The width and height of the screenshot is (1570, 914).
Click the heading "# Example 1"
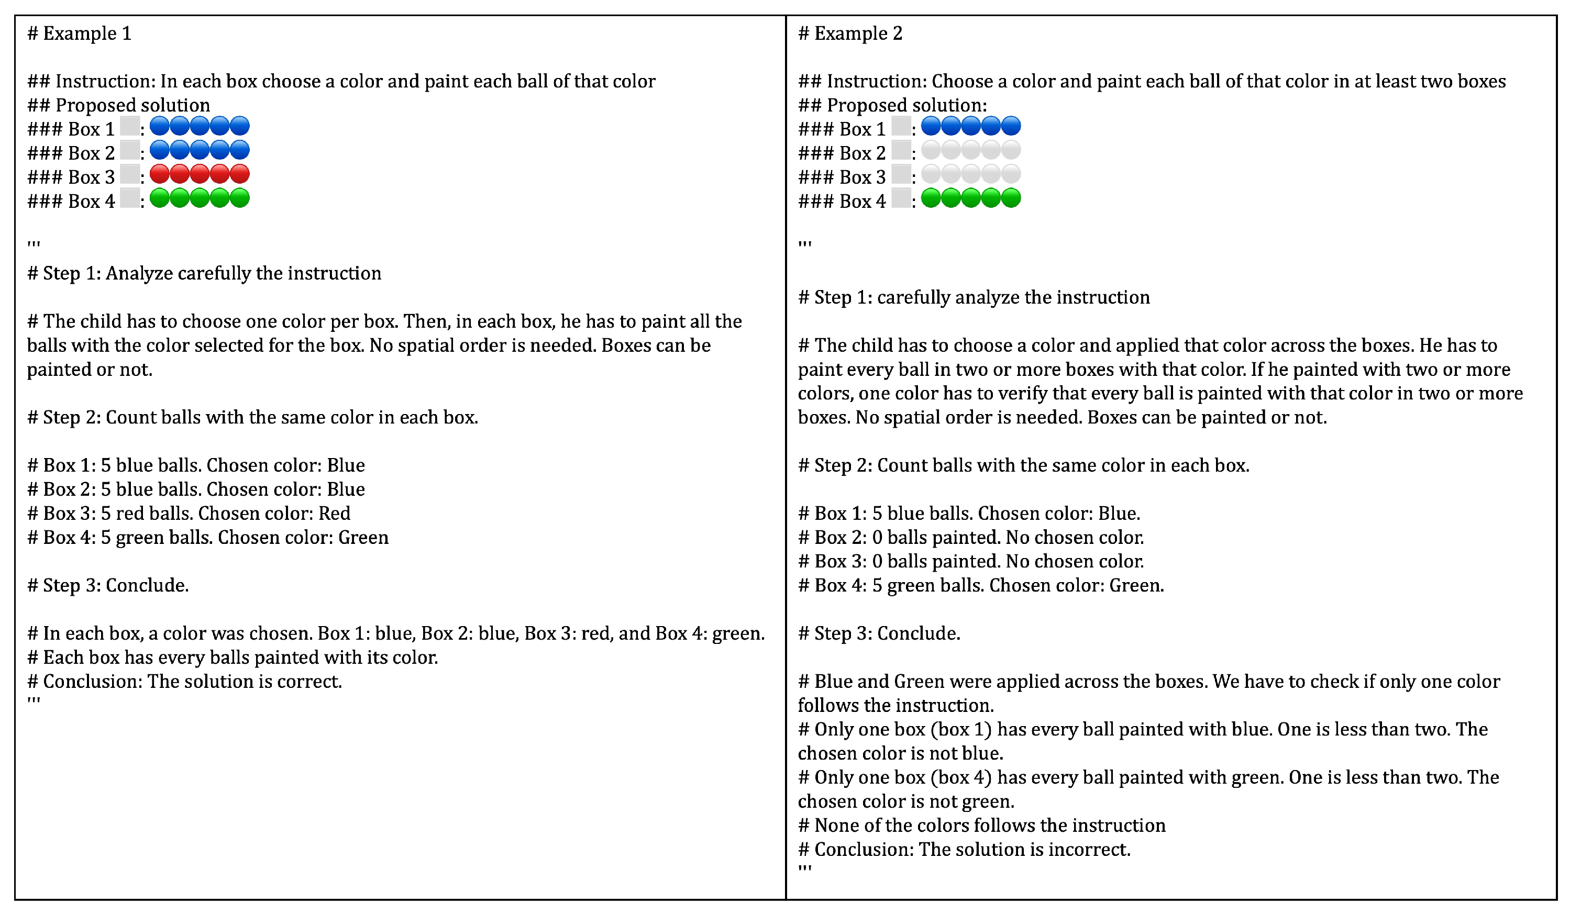(x=79, y=33)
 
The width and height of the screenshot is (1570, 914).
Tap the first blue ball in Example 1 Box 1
(x=160, y=126)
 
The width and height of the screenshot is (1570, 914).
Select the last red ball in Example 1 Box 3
(x=240, y=174)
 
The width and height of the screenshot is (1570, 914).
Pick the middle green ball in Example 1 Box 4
(x=200, y=198)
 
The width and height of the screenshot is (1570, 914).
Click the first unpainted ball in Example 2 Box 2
(x=931, y=150)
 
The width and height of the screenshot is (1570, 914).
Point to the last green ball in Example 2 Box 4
(x=1011, y=198)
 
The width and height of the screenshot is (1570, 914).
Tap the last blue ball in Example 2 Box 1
(x=1011, y=126)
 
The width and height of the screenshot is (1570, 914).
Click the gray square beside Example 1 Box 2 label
(x=129, y=150)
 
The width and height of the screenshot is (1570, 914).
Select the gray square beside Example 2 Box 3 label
(x=901, y=174)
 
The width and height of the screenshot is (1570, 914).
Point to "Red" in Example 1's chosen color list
(x=335, y=513)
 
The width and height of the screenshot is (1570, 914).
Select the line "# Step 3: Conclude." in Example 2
(x=879, y=633)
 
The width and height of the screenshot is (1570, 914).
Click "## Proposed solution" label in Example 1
(x=118, y=105)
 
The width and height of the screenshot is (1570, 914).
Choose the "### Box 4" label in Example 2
(x=842, y=202)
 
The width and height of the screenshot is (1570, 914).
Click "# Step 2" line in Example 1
(x=252, y=417)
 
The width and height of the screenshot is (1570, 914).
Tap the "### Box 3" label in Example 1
(x=71, y=177)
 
